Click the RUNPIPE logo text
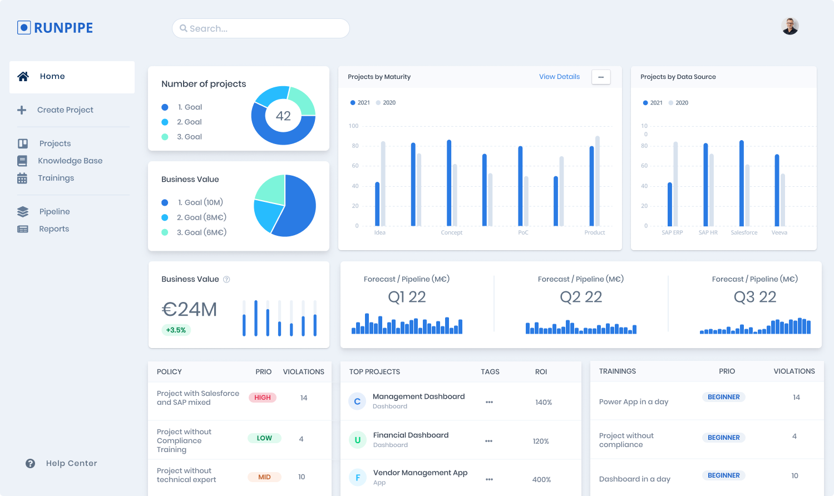tap(63, 28)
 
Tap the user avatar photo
tap(790, 26)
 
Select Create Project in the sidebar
tap(65, 110)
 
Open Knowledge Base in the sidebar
tap(70, 161)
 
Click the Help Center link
tap(71, 463)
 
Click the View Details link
tap(559, 77)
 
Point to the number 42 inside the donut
tap(283, 116)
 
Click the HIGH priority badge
tap(263, 398)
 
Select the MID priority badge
tap(264, 477)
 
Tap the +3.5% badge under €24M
tap(176, 330)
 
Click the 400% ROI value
tap(541, 479)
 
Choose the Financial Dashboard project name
tap(411, 435)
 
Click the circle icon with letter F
tap(357, 477)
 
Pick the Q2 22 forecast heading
tap(581, 297)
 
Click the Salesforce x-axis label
tap(744, 232)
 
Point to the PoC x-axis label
tap(523, 232)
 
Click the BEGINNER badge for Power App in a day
tap(723, 397)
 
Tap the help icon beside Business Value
tap(226, 279)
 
